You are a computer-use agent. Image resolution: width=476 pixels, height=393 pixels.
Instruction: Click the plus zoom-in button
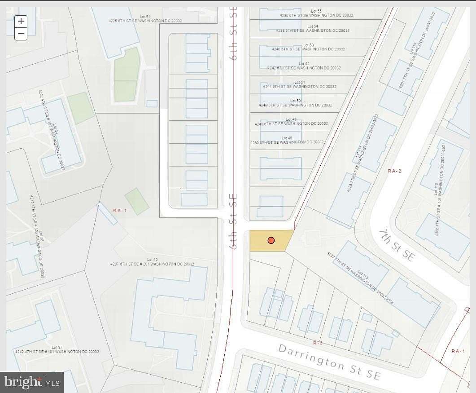pos(21,21)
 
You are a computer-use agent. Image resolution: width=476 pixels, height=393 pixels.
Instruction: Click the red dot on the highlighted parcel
pos(271,240)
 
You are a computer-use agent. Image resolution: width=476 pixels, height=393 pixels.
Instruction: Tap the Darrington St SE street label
pos(329,362)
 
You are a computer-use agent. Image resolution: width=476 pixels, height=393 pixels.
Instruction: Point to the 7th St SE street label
pos(397,245)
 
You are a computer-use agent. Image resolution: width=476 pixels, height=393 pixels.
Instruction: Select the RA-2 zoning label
pos(394,171)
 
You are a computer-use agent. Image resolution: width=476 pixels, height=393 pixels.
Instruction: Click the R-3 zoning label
pos(318,343)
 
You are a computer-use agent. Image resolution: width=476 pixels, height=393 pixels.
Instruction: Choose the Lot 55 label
pos(316,11)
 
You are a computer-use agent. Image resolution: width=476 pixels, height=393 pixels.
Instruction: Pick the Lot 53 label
pos(308,45)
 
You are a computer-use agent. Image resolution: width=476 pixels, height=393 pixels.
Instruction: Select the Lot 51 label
pos(299,82)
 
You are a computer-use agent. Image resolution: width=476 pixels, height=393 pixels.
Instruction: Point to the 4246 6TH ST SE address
pos(296,105)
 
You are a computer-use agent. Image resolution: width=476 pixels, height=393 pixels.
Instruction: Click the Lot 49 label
pos(291,119)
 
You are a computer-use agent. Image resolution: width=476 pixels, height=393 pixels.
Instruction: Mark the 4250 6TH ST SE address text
pos(287,142)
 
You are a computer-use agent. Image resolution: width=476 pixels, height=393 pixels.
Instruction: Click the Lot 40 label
pos(153,260)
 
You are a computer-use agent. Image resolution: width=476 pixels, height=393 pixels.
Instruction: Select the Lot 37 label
pos(57,347)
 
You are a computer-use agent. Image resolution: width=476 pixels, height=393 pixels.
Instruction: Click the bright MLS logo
pos(32,382)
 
